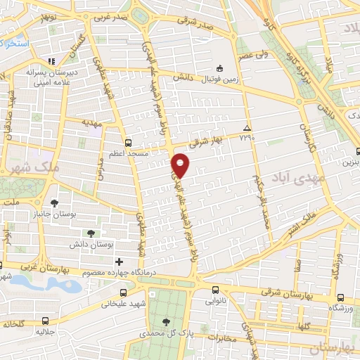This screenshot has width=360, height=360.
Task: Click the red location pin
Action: point(181,165)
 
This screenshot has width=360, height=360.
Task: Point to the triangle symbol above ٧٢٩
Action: point(246,128)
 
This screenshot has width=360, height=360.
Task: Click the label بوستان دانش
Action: point(87,244)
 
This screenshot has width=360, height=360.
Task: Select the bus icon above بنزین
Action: point(359,150)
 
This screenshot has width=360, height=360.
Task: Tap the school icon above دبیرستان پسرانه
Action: point(50,60)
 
